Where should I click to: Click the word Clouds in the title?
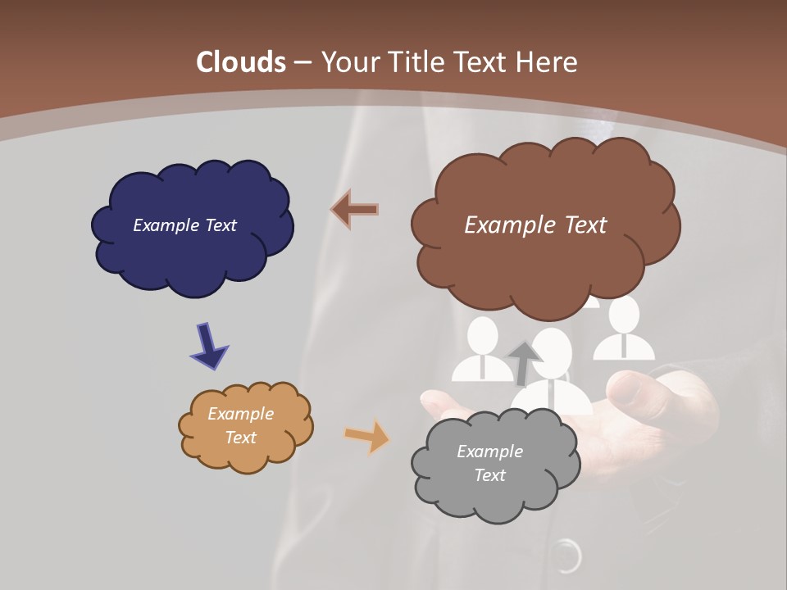tap(241, 62)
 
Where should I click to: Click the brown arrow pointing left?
tap(354, 210)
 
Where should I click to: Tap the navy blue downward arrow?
tap(208, 347)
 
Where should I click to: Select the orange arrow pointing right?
tap(367, 436)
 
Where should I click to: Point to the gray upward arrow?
tap(523, 363)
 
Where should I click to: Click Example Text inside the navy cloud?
tap(184, 225)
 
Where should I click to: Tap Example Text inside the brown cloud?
tap(535, 225)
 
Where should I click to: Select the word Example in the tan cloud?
tap(240, 414)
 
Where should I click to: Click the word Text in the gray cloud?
tap(489, 475)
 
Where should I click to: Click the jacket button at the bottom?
tap(565, 556)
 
